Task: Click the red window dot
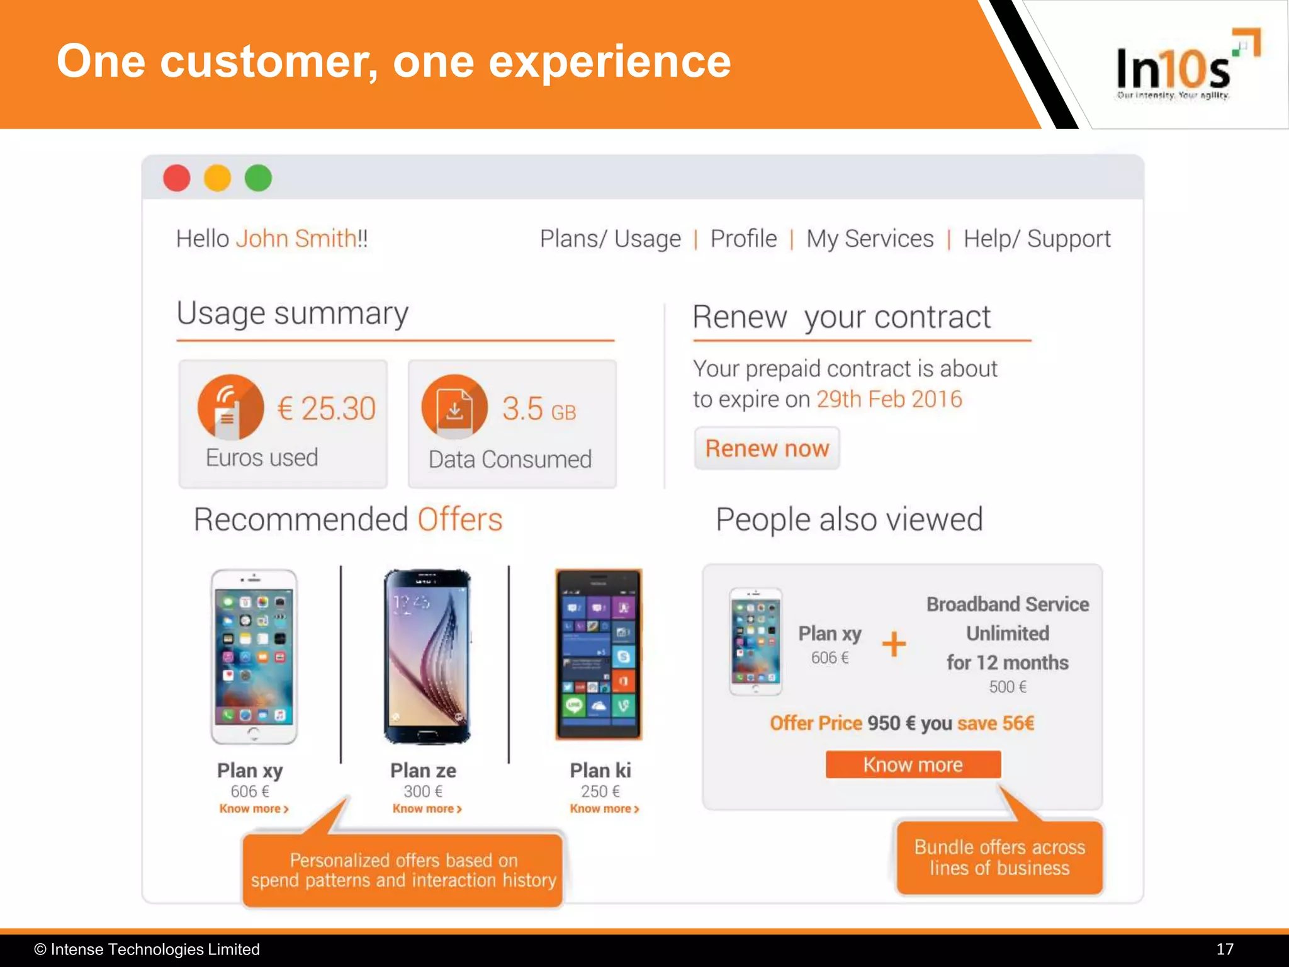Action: point(177,178)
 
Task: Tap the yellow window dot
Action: point(217,178)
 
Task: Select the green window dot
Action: point(258,178)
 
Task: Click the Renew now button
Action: point(767,448)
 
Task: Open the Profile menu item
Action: point(743,239)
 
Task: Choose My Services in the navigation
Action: point(870,239)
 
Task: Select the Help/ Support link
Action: point(1037,239)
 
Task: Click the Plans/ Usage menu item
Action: point(610,239)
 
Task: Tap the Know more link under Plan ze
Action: point(427,809)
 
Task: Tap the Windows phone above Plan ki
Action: point(599,655)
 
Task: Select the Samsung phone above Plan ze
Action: point(427,656)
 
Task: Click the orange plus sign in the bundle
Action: point(894,644)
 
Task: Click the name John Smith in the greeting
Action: point(296,239)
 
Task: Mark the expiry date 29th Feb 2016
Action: point(889,399)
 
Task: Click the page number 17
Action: point(1224,949)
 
